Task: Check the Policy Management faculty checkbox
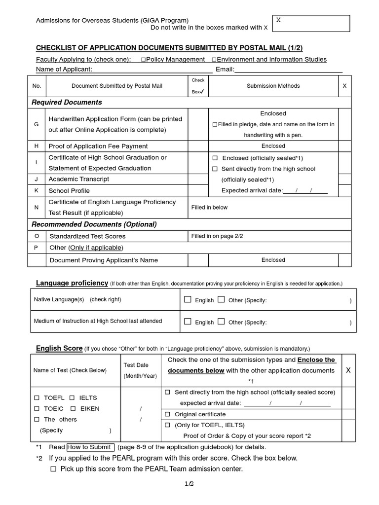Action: pyautogui.click(x=143, y=60)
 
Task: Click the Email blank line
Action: pyautogui.click(x=289, y=70)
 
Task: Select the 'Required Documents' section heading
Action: pyautogui.click(x=67, y=102)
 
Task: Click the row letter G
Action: pyautogui.click(x=36, y=124)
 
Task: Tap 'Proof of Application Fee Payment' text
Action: pyautogui.click(x=98, y=146)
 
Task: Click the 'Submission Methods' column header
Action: pyautogui.click(x=273, y=86)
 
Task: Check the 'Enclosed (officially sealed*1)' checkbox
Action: pyautogui.click(x=215, y=158)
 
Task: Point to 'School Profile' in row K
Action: pyautogui.click(x=69, y=190)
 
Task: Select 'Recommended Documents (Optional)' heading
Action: pyautogui.click(x=94, y=224)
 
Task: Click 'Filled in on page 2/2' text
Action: pyautogui.click(x=217, y=236)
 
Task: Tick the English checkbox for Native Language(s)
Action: pyautogui.click(x=188, y=300)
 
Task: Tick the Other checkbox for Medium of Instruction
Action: pyautogui.click(x=221, y=322)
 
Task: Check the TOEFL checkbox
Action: pyautogui.click(x=37, y=397)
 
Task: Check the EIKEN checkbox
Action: pyautogui.click(x=73, y=408)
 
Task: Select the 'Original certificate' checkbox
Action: pyautogui.click(x=167, y=414)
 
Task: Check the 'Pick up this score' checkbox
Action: pyautogui.click(x=53, y=469)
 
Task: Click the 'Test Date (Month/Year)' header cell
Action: pyautogui.click(x=136, y=370)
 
